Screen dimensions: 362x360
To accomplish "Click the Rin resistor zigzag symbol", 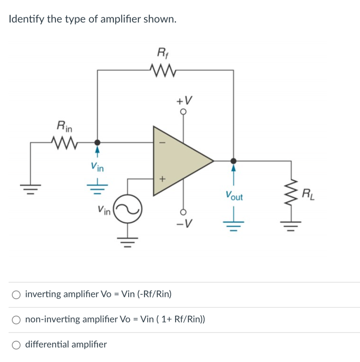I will coord(64,142).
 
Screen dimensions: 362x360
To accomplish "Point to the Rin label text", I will coord(64,125).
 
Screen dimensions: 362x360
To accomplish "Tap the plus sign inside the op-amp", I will coord(163,179).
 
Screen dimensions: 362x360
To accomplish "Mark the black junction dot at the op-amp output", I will coord(233,161).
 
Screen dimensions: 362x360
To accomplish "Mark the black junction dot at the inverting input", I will coord(98,142).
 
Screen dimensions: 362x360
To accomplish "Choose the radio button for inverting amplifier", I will coord(16,294).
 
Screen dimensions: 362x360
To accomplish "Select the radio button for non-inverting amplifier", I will coord(16,320).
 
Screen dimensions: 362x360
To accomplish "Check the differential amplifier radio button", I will coord(16,345).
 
